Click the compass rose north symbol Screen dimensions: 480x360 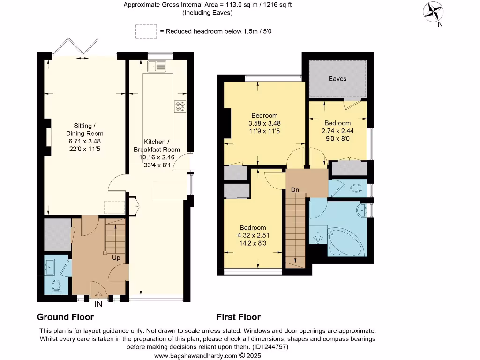(x=433, y=12)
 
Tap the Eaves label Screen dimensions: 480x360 (x=337, y=79)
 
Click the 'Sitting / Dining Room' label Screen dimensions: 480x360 (x=84, y=129)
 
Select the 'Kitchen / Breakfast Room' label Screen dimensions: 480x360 (x=157, y=145)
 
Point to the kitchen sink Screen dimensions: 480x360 (x=157, y=66)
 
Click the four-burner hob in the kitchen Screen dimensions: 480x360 (x=180, y=106)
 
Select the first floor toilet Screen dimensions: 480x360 (x=357, y=187)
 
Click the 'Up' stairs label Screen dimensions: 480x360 (x=116, y=258)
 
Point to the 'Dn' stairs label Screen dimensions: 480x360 (x=295, y=190)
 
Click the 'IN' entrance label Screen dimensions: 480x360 (x=98, y=304)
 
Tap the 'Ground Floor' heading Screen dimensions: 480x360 (x=65, y=317)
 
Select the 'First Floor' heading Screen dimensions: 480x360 (x=239, y=317)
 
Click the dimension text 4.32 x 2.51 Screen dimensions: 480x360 (x=253, y=235)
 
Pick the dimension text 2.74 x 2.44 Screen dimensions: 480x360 (x=337, y=131)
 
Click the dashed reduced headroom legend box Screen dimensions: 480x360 (x=146, y=31)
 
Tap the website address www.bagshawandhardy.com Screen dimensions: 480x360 (x=195, y=356)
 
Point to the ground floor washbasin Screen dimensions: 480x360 (x=49, y=266)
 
